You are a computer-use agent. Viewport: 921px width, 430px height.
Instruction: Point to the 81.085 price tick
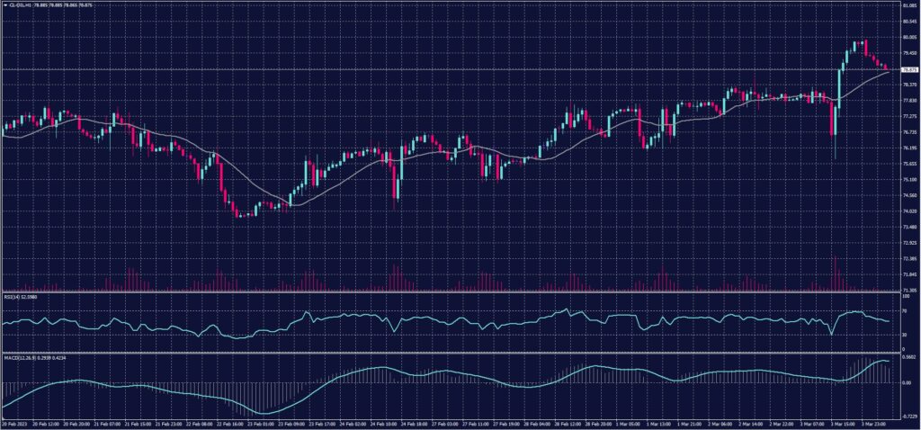click(x=909, y=5)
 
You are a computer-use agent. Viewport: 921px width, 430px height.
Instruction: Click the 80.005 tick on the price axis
click(x=909, y=37)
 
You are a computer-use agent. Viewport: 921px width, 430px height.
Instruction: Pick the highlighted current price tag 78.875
click(x=909, y=69)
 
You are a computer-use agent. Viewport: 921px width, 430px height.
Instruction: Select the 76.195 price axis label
click(x=909, y=148)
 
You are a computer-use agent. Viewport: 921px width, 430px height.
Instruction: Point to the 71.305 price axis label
click(x=909, y=291)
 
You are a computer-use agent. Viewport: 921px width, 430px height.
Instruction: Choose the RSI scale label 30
click(x=905, y=334)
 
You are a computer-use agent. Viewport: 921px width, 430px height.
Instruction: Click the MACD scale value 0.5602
click(x=908, y=357)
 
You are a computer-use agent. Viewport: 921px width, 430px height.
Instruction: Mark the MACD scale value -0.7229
click(x=908, y=416)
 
